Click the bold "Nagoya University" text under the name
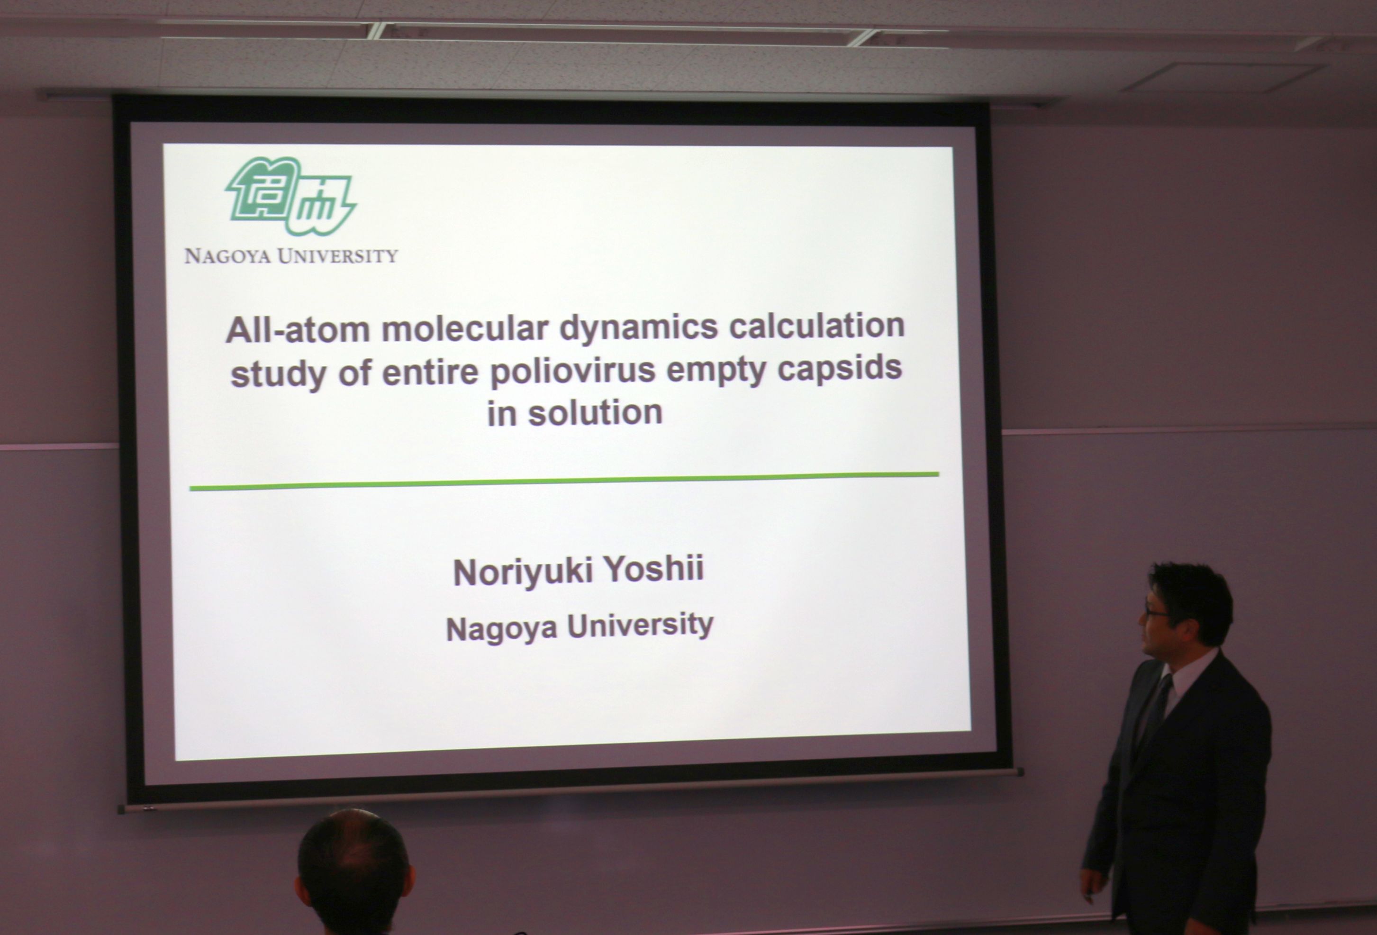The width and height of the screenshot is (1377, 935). tap(579, 627)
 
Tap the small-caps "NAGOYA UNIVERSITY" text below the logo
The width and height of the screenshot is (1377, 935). tap(291, 256)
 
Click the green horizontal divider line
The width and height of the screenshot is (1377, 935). tap(564, 481)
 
